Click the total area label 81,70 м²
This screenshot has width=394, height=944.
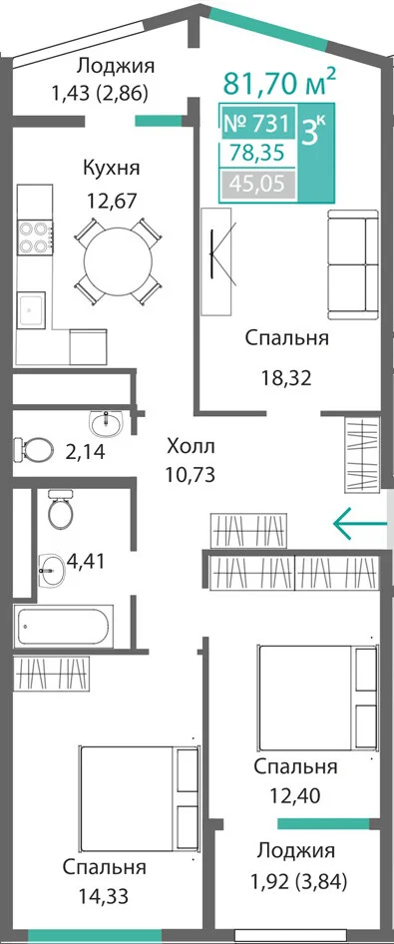point(279,83)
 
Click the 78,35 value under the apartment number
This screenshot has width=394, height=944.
point(258,154)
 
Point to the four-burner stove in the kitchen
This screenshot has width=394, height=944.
point(35,237)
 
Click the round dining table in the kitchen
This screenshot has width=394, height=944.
point(118,260)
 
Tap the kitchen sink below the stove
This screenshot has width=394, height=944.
point(31,309)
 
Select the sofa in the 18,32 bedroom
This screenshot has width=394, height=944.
point(352,264)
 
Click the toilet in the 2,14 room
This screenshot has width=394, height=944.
point(33,448)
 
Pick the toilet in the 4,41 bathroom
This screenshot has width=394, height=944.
point(60,508)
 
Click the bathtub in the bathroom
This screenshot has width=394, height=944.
point(65,628)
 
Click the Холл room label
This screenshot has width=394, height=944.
point(191,447)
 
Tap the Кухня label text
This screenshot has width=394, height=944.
point(112,168)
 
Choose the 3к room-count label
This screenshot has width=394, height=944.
point(313,130)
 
